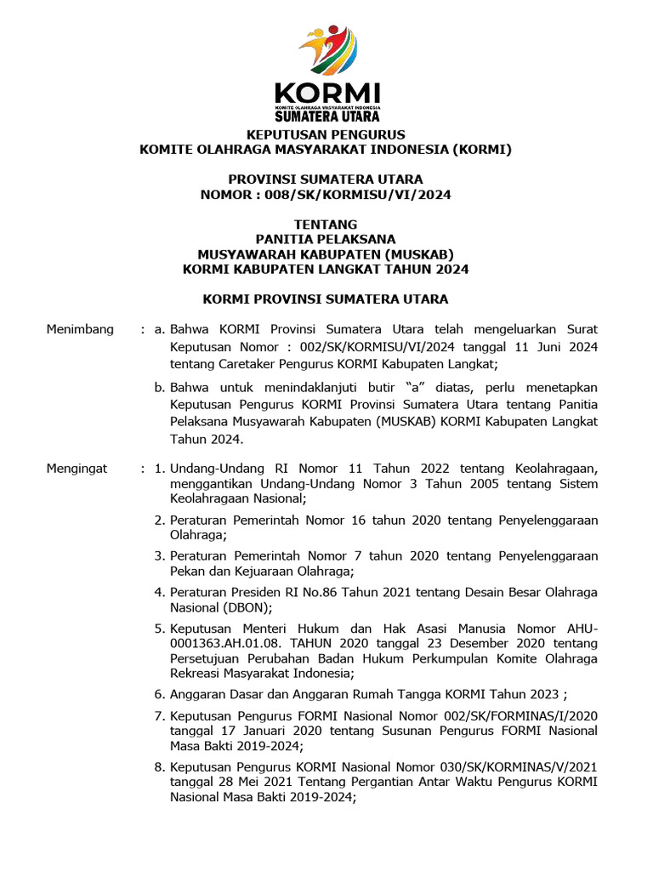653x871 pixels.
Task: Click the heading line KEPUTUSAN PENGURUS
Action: click(326, 135)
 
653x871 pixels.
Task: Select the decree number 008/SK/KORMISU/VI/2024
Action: click(358, 195)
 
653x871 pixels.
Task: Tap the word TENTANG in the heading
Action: click(326, 225)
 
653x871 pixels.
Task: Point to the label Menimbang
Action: click(80, 329)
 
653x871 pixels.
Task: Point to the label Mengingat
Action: click(78, 468)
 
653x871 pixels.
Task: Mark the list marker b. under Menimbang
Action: click(159, 388)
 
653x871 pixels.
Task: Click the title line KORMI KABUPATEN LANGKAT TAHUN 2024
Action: click(326, 270)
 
